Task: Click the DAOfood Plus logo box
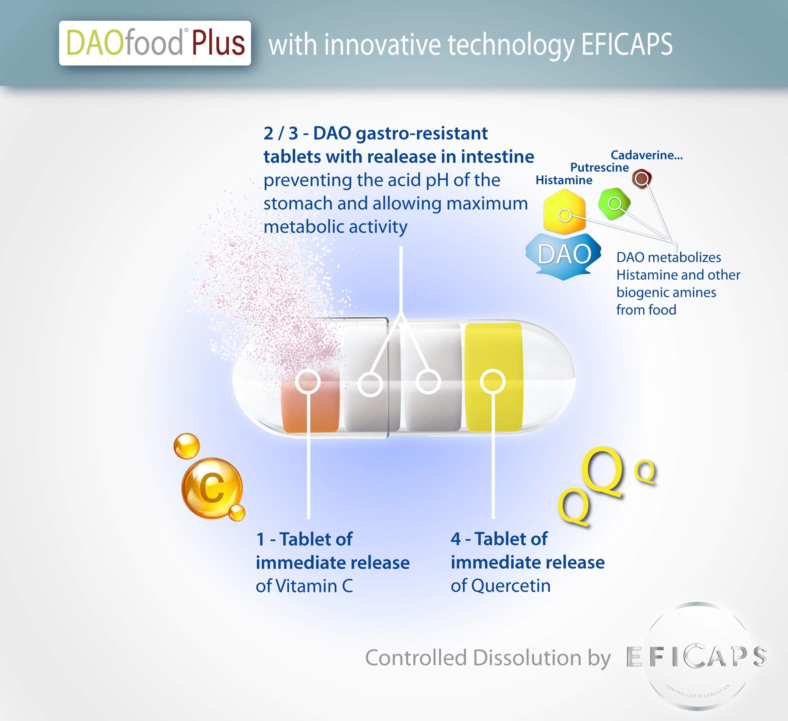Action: (x=155, y=43)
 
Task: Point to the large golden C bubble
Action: (x=212, y=488)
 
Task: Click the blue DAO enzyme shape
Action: (x=564, y=256)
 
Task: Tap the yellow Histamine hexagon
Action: (x=564, y=211)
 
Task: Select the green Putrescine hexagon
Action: (x=614, y=203)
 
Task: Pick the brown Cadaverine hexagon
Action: (x=642, y=179)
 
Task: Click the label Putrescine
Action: (x=600, y=167)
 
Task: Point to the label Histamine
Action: (x=564, y=180)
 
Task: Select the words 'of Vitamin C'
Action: (x=304, y=586)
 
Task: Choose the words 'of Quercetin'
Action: (x=500, y=586)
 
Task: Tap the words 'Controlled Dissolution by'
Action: (x=488, y=658)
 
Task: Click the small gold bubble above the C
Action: (x=186, y=446)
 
